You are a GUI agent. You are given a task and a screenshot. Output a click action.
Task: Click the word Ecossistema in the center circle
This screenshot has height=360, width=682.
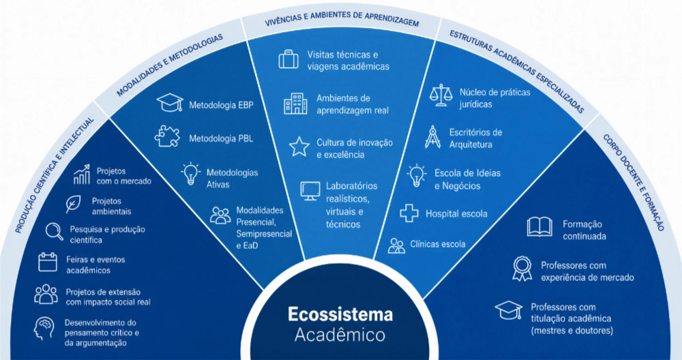pyautogui.click(x=340, y=314)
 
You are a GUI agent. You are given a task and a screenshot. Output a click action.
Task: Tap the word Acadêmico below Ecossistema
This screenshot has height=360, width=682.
pyautogui.click(x=340, y=335)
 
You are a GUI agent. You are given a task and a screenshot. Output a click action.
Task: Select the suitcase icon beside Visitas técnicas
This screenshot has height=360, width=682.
pyautogui.click(x=288, y=59)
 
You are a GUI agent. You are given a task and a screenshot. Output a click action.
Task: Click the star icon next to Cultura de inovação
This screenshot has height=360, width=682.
pyautogui.click(x=299, y=147)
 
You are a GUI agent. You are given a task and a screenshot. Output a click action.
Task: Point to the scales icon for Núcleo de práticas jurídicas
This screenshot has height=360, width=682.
pyautogui.click(x=441, y=95)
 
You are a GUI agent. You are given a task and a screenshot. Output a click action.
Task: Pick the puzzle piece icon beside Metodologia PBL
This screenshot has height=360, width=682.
pyautogui.click(x=168, y=136)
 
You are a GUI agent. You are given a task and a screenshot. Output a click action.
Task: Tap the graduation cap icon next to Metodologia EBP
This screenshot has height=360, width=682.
pyautogui.click(x=170, y=103)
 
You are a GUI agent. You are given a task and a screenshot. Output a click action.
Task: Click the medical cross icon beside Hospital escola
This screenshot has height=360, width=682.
pyautogui.click(x=409, y=213)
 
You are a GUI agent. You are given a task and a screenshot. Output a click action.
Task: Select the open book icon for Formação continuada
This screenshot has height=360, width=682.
pyautogui.click(x=539, y=227)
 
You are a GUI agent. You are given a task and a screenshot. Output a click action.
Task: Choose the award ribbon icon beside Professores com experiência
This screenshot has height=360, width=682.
pyautogui.click(x=522, y=268)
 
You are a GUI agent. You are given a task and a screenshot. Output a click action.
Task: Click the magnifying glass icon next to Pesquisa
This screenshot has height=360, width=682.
pyautogui.click(x=55, y=231)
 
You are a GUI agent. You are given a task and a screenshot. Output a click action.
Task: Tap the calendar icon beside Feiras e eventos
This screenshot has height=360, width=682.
pyautogui.click(x=48, y=262)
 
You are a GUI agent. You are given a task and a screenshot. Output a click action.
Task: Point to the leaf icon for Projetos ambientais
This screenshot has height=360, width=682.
pyautogui.click(x=73, y=204)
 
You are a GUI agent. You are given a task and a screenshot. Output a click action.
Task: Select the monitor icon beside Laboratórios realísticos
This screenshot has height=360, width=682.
pyautogui.click(x=310, y=191)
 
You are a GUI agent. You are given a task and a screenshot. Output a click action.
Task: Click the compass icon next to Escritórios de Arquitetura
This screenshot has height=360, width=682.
pyautogui.click(x=432, y=137)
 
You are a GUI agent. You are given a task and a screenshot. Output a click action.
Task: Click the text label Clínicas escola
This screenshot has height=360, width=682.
pyautogui.click(x=438, y=244)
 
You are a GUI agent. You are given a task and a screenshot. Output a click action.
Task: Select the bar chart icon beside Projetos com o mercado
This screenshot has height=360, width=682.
pyautogui.click(x=82, y=175)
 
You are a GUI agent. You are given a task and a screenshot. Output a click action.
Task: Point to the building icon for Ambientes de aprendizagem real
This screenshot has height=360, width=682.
pyautogui.click(x=295, y=104)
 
